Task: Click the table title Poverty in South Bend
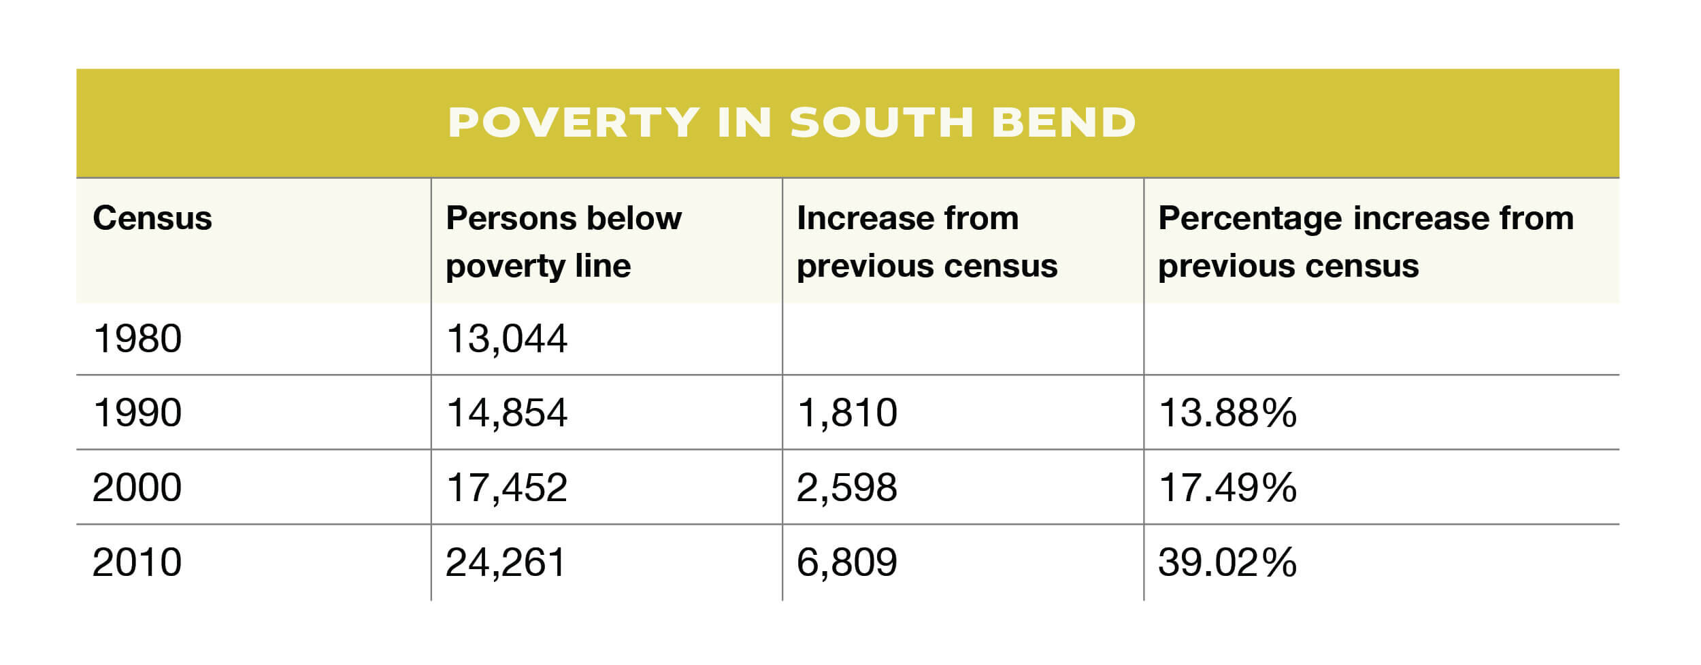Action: click(791, 122)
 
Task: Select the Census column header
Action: click(152, 219)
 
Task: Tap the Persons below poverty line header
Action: click(563, 241)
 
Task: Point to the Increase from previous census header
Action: click(927, 241)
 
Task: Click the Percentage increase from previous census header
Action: click(1366, 241)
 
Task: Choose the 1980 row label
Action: click(137, 339)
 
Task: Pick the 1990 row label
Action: click(137, 413)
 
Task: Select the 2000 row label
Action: click(137, 488)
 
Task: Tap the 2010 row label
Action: click(137, 562)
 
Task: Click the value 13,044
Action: click(506, 339)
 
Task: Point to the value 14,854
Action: click(506, 413)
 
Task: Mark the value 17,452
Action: click(506, 488)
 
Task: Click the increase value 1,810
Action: click(846, 413)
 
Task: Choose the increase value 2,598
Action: click(846, 488)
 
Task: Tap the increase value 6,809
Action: click(846, 562)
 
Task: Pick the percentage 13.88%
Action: click(1227, 413)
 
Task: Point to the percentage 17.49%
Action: click(1227, 488)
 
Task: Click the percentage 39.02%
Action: click(1227, 562)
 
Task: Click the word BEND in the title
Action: click(1063, 122)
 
